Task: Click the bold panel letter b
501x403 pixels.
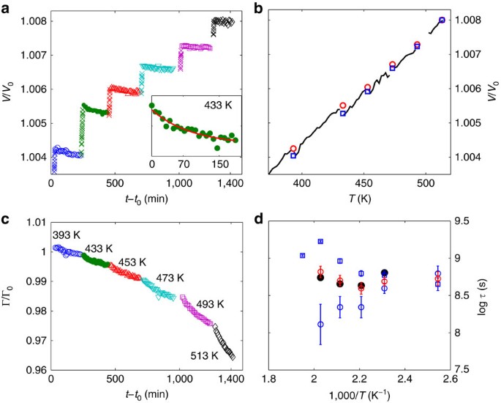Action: pyautogui.click(x=256, y=7)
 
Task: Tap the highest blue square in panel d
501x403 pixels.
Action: pyautogui.click(x=320, y=241)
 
